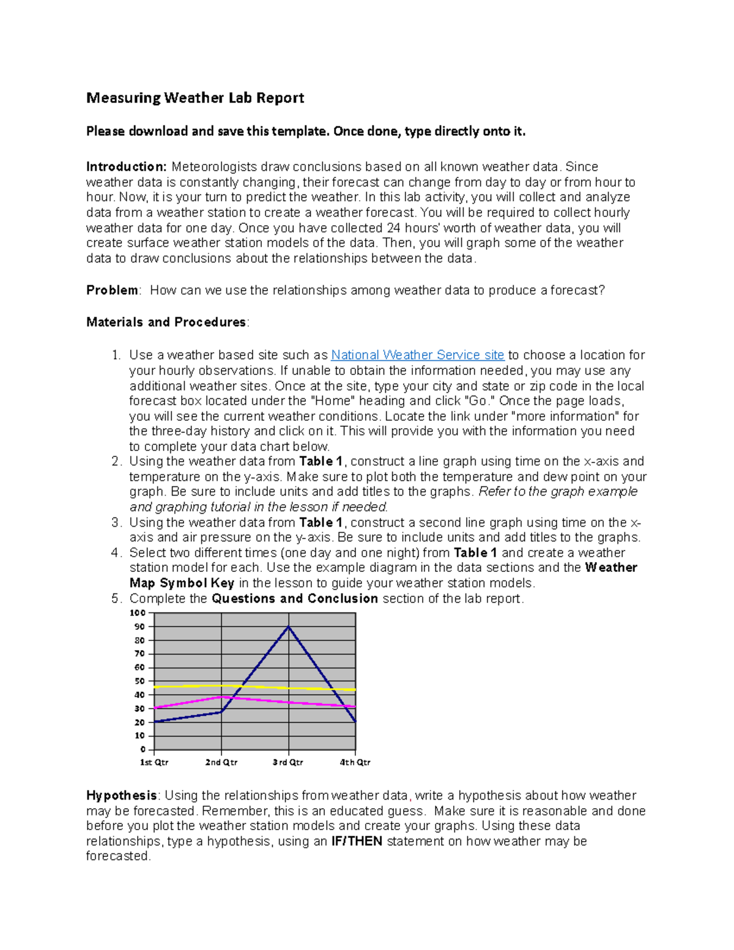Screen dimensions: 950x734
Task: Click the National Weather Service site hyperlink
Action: pyautogui.click(x=417, y=355)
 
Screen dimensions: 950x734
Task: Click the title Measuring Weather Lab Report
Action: pyautogui.click(x=195, y=98)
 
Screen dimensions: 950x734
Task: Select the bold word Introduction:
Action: pyautogui.click(x=126, y=167)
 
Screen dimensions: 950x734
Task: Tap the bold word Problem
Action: pyautogui.click(x=113, y=291)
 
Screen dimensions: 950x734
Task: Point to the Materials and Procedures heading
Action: pyautogui.click(x=166, y=322)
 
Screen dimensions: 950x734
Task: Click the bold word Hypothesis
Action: pyautogui.click(x=122, y=796)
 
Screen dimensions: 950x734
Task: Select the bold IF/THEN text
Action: pyautogui.click(x=357, y=842)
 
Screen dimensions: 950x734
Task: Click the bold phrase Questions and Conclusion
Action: pyautogui.click(x=294, y=599)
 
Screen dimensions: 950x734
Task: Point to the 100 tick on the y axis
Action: pyautogui.click(x=138, y=613)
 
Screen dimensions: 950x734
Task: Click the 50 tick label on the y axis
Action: pyautogui.click(x=139, y=681)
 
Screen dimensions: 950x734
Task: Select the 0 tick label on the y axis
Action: pyautogui.click(x=143, y=750)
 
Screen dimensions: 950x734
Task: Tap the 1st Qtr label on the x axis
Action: pyautogui.click(x=154, y=763)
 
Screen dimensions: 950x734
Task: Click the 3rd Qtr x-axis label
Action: pyautogui.click(x=288, y=763)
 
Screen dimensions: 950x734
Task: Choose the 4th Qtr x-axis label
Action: pyautogui.click(x=355, y=763)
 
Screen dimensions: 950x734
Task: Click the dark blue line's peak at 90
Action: pyautogui.click(x=288, y=627)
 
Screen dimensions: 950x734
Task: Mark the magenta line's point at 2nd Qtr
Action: pyautogui.click(x=221, y=697)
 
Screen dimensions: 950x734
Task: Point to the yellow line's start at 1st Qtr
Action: pyautogui.click(x=155, y=687)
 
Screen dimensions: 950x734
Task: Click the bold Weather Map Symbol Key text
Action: pyautogui.click(x=182, y=584)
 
